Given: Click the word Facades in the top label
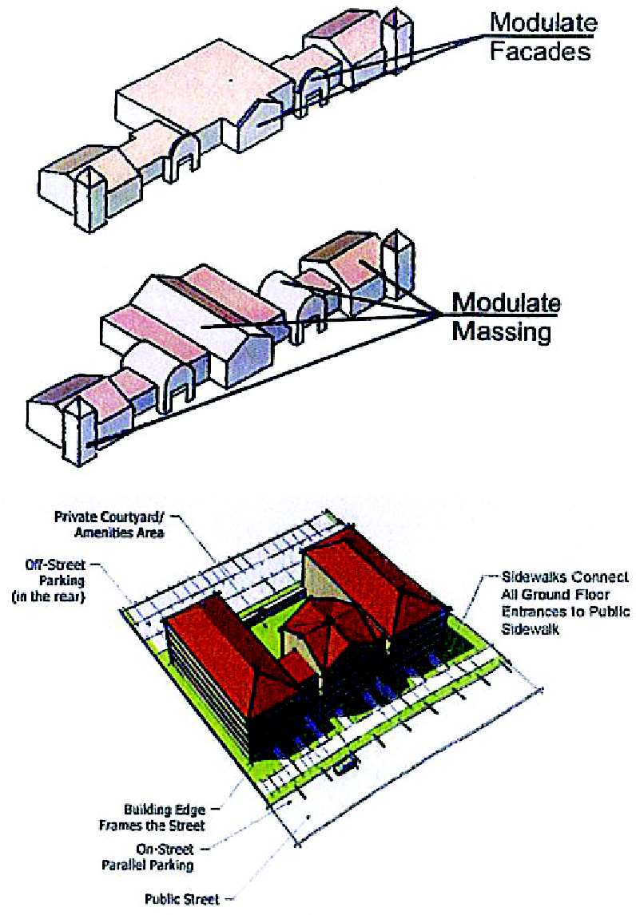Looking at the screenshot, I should [539, 53].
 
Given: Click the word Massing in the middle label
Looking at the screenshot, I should [501, 331].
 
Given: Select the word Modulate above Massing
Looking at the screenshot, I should [506, 303].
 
